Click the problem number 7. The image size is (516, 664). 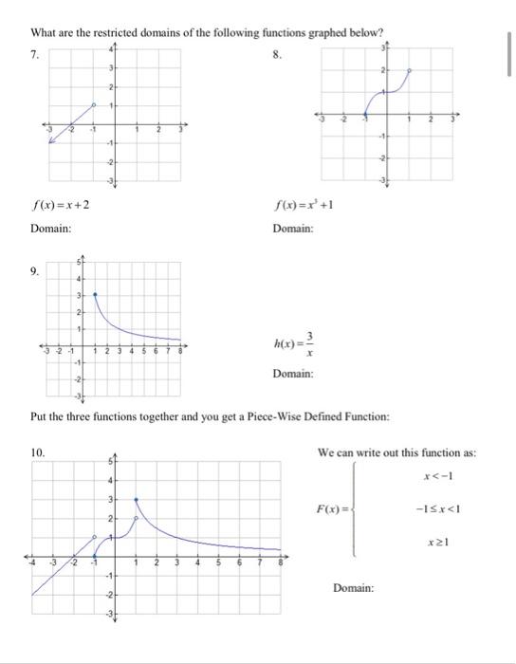click(34, 54)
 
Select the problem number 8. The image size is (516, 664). click(277, 54)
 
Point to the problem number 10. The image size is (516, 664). click(38, 453)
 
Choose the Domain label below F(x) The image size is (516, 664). click(354, 588)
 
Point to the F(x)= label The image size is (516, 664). click(330, 510)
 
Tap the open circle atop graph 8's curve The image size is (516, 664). click(410, 70)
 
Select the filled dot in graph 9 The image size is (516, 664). click(95, 294)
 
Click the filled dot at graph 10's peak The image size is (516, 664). click(136, 498)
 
